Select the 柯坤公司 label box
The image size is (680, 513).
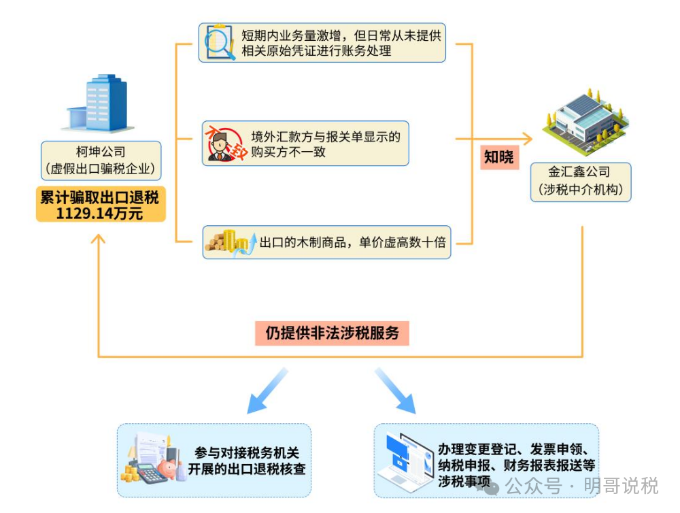click(x=101, y=161)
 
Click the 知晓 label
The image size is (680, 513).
click(x=499, y=158)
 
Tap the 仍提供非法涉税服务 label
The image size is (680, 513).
click(x=333, y=333)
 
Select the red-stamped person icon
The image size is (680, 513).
click(x=224, y=143)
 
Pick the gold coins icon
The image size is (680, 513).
click(x=226, y=242)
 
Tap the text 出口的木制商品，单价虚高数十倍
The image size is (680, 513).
click(x=352, y=242)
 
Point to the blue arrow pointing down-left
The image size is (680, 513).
click(x=267, y=391)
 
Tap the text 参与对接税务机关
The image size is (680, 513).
click(x=246, y=452)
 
